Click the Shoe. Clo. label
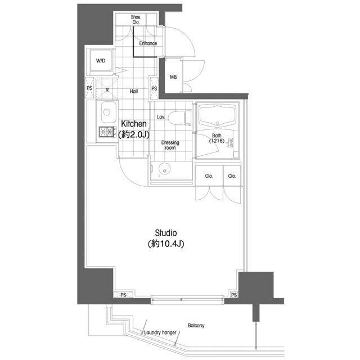136,20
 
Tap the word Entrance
148,43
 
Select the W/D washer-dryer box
101,61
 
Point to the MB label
173,77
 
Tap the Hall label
134,91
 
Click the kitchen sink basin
109,112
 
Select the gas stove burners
107,132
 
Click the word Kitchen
134,124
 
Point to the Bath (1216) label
217,138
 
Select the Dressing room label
170,145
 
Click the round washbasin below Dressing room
165,169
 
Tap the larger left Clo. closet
209,175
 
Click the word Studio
166,233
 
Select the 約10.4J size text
166,244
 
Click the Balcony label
196,326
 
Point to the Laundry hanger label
160,332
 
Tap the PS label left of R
89,88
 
